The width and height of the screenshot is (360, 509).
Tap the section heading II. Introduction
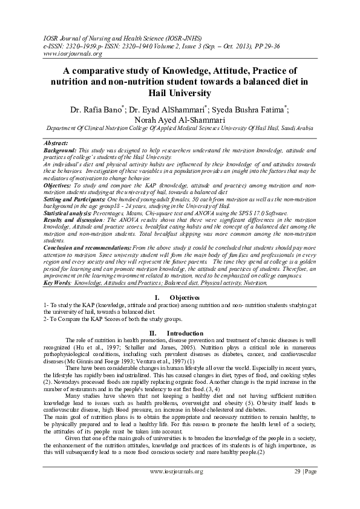[x=180, y=333]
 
